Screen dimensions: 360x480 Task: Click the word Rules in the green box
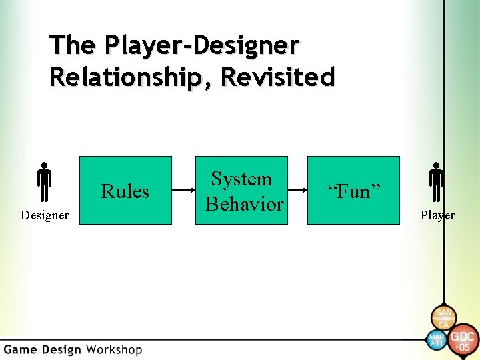[x=125, y=191]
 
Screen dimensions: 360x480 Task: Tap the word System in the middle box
[x=241, y=179]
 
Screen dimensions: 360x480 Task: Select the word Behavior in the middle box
[x=244, y=204]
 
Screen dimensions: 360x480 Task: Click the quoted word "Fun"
[x=353, y=192]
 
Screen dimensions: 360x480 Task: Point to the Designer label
[x=45, y=215]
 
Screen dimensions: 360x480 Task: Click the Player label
[x=437, y=215]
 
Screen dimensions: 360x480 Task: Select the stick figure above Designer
[x=44, y=182]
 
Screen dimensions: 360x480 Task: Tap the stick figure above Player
[x=437, y=182]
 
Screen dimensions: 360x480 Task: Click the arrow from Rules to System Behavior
[x=183, y=191]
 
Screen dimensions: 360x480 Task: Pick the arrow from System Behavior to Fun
[x=297, y=191]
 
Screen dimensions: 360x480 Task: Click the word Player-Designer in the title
[x=201, y=45]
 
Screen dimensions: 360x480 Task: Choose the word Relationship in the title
[x=131, y=77]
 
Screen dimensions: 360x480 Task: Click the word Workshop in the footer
[x=113, y=349]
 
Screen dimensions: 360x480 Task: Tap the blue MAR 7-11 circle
[x=436, y=339]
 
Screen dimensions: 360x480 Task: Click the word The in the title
[x=71, y=45]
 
